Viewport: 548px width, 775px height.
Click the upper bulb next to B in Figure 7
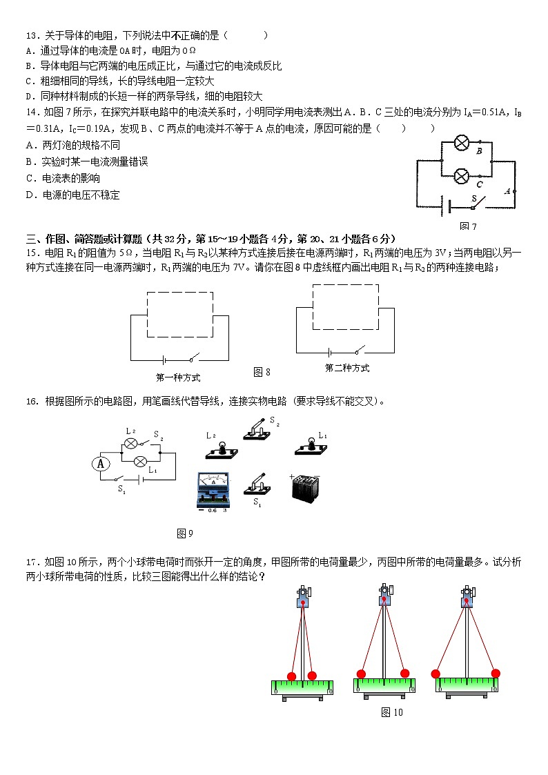click(461, 144)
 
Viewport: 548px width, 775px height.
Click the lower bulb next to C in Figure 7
click(461, 175)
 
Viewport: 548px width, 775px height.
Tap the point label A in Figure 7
click(507, 191)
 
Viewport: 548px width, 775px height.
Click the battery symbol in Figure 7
click(448, 206)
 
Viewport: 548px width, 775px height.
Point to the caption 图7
click(468, 226)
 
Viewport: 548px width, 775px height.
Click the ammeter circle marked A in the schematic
click(101, 464)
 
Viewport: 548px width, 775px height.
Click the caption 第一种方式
click(178, 377)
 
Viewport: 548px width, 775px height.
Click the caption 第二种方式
click(346, 369)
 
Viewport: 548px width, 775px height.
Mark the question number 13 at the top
click(30, 35)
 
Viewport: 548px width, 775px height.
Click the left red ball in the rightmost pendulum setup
click(436, 674)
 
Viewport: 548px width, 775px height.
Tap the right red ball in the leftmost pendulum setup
click(312, 676)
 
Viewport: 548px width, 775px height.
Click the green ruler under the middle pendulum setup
click(385, 685)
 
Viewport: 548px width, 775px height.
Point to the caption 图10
click(391, 712)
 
